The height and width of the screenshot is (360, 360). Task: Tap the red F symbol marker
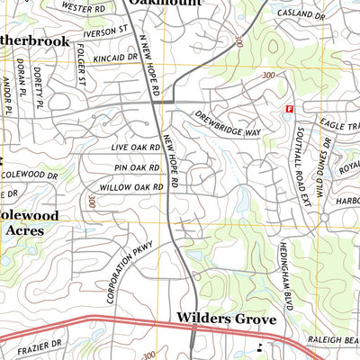pyautogui.click(x=289, y=109)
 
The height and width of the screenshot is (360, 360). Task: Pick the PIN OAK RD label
pyautogui.click(x=138, y=166)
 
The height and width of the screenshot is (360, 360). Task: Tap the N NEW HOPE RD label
pyautogui.click(x=149, y=67)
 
